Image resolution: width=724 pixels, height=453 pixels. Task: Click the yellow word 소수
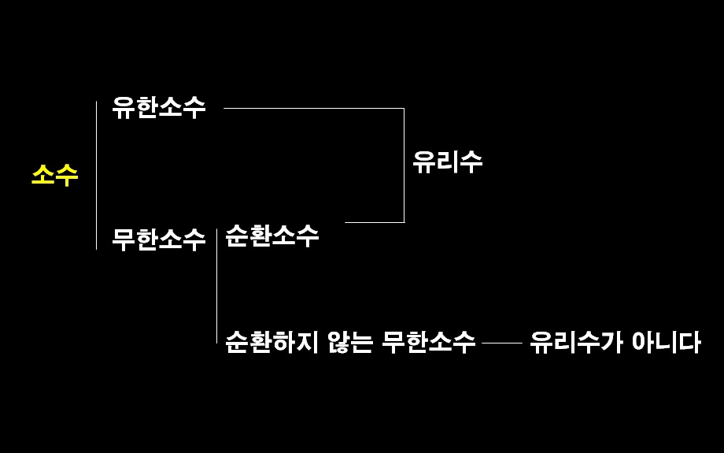coord(55,174)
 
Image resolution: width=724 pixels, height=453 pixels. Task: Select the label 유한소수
coord(159,108)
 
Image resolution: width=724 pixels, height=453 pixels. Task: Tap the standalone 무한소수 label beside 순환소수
coord(159,238)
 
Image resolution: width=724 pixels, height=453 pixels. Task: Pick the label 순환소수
coord(272,235)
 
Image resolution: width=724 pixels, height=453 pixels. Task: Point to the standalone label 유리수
coord(447,162)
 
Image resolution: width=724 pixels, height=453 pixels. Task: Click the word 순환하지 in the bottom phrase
coord(271,342)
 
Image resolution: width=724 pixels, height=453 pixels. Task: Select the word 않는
coord(351,342)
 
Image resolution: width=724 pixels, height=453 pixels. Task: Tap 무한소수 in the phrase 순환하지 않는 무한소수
coord(429,342)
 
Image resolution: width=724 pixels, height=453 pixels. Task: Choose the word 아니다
coord(666,342)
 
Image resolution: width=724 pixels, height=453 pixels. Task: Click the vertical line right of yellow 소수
coord(96,175)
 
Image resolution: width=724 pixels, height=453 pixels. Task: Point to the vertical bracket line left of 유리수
coord(404,165)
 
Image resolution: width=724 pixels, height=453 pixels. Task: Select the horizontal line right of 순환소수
coord(374,222)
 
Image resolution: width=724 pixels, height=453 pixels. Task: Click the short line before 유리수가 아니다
coord(502,343)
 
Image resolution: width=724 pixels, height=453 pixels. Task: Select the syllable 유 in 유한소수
coord(124,108)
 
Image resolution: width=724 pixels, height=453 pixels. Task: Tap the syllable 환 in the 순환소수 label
coord(260,235)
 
